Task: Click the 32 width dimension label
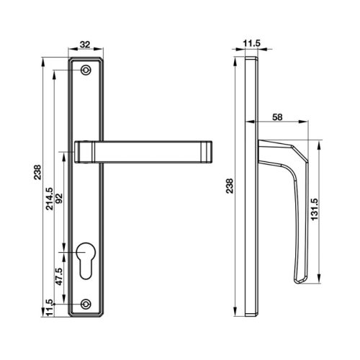(x=86, y=45)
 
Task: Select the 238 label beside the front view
(x=38, y=173)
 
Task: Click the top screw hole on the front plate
(x=86, y=71)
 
